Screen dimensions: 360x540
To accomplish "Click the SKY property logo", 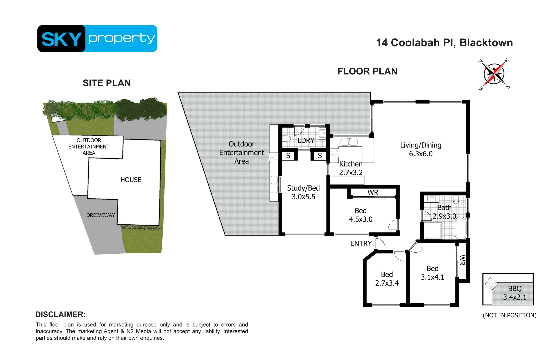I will click(97, 38).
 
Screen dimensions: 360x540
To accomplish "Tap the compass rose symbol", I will click(494, 74).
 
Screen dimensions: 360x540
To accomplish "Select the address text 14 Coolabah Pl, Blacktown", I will click(444, 43).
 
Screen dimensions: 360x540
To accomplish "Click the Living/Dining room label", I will click(421, 149).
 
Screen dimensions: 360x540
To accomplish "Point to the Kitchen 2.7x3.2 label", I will click(351, 168).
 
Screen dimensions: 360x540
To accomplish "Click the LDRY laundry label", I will click(306, 140).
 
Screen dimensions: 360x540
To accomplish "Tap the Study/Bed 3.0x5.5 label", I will click(303, 192).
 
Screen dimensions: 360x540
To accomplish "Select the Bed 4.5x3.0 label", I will click(360, 215).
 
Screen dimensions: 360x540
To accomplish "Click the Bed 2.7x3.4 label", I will click(387, 279).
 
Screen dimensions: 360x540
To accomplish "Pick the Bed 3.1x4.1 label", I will click(432, 273).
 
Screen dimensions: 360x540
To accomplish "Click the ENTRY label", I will click(361, 244).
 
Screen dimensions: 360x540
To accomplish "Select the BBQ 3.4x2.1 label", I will click(514, 293).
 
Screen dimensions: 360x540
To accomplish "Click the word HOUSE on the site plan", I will click(131, 180).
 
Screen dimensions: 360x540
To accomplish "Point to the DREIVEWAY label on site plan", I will click(100, 215).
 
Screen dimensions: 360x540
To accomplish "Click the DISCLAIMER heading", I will click(60, 314).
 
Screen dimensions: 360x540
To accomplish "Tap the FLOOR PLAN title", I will click(367, 71).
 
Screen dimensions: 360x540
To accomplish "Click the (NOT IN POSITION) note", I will click(509, 315).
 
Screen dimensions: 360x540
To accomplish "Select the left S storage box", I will click(288, 156).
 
